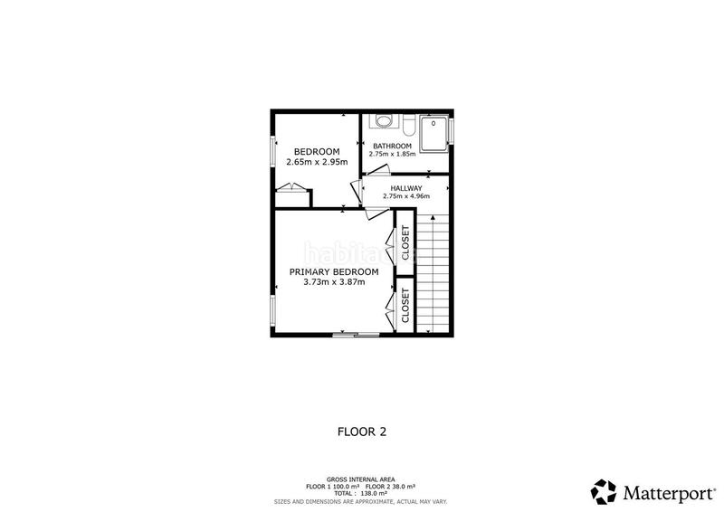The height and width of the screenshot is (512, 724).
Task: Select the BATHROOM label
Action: (x=393, y=146)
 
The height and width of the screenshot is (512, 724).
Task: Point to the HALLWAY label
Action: (x=405, y=188)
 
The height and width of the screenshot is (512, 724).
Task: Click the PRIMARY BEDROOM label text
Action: (x=334, y=271)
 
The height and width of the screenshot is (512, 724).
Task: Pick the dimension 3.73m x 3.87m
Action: (x=334, y=282)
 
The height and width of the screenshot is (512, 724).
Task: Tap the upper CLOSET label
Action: (x=405, y=242)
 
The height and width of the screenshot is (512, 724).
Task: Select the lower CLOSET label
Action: (x=405, y=306)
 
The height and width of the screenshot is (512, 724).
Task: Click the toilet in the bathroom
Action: (x=384, y=120)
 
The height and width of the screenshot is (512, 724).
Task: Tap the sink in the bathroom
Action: (x=408, y=124)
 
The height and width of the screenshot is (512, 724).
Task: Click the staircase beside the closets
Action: (x=433, y=271)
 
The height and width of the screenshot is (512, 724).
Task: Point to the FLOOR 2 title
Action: (x=361, y=431)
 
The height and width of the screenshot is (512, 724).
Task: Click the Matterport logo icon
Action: (x=604, y=491)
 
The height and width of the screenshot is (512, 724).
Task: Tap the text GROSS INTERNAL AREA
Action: (x=361, y=479)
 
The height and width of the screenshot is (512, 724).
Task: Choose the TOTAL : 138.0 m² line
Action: (x=361, y=493)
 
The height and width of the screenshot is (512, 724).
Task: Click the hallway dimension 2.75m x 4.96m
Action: (x=405, y=196)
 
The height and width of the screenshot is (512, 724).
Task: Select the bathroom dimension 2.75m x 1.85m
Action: (x=393, y=154)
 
